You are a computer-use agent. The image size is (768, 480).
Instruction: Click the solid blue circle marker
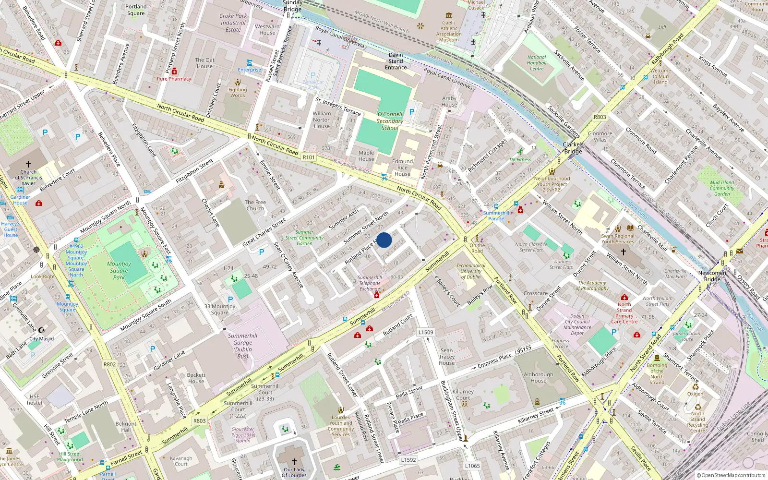coord(384,240)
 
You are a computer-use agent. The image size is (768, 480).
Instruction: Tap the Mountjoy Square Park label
coord(119,271)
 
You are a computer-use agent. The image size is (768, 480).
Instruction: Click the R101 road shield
coord(309,157)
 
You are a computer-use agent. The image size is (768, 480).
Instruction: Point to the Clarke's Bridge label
coord(573,148)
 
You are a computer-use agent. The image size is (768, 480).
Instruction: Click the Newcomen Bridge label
coord(712,276)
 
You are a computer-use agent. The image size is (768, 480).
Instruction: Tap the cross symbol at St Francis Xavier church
coord(28,164)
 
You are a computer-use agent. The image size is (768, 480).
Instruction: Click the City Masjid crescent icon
coord(41,330)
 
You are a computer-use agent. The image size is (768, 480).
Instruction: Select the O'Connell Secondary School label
coord(390,121)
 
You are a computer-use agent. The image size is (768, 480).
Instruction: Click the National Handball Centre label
coord(537,63)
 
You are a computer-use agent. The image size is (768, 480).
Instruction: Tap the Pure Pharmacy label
coord(174,79)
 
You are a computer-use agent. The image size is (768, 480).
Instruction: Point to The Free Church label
coord(255,205)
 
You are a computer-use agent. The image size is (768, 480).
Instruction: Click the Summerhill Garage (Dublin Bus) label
coord(242,346)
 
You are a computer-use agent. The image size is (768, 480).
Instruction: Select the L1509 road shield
coord(425,332)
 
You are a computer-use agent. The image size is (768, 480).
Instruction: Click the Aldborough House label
coord(538,377)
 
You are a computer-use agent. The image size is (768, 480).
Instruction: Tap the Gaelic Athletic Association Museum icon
coord(449,15)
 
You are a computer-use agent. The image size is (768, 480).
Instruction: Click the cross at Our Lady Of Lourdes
coord(294,462)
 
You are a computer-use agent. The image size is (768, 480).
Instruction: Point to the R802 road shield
coord(110,364)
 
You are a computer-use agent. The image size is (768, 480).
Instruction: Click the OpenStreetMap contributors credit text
coord(731,475)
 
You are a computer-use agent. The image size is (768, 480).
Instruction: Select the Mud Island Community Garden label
coord(722,188)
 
